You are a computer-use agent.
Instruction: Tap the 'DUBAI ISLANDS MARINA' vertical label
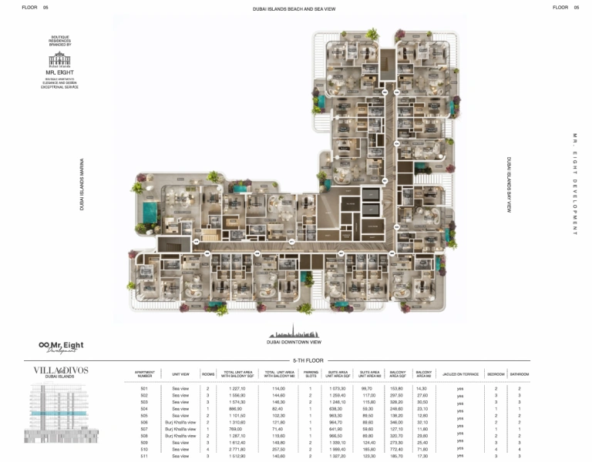pos(82,185)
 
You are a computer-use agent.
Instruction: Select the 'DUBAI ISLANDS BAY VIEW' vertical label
pos(509,185)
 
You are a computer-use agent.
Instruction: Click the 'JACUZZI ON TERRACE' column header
pos(460,374)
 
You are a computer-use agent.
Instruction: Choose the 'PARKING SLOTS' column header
pos(311,374)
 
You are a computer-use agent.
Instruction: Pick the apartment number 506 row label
pos(144,422)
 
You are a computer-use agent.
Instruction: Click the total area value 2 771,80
pos(237,449)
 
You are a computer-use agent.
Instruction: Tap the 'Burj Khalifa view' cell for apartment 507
pos(180,429)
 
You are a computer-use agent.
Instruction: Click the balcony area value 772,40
pos(398,449)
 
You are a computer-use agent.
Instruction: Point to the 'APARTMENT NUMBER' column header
pos(144,374)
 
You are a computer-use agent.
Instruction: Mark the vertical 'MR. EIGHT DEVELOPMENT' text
pos(574,185)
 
